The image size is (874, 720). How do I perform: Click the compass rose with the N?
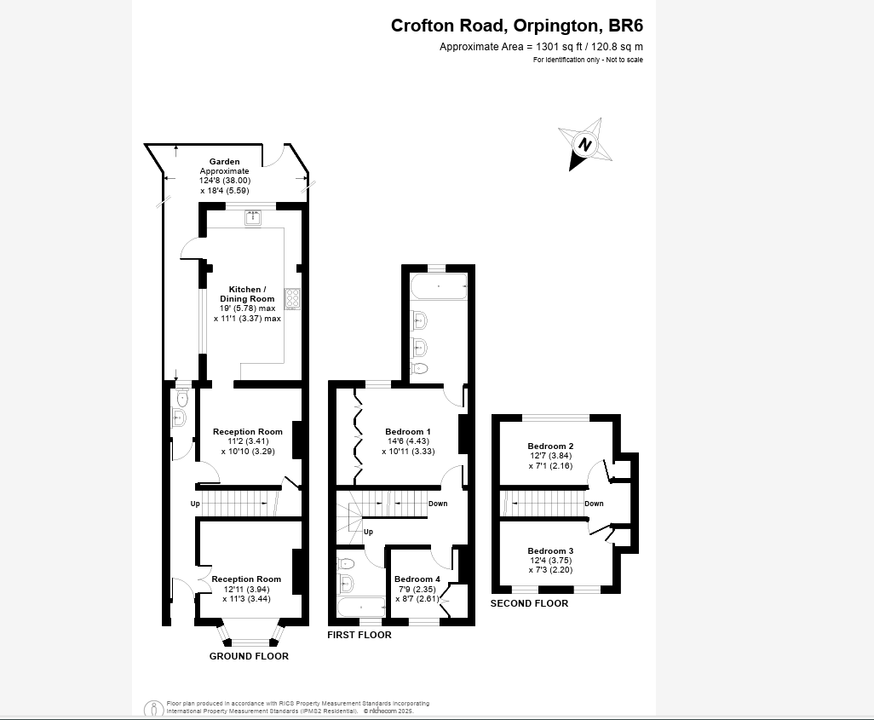click(x=584, y=144)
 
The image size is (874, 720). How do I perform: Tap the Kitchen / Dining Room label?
click(x=247, y=294)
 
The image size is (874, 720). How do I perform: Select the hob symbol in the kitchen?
click(x=292, y=298)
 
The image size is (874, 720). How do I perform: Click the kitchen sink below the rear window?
click(x=253, y=218)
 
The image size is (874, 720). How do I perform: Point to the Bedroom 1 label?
click(x=408, y=431)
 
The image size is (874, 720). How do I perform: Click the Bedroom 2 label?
click(x=550, y=446)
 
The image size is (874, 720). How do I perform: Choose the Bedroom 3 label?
click(x=550, y=550)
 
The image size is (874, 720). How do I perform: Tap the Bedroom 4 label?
click(x=417, y=579)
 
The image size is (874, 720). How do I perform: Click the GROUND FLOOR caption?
click(x=249, y=656)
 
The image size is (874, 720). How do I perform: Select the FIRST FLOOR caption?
click(x=359, y=635)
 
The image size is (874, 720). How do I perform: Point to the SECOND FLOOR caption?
click(x=529, y=603)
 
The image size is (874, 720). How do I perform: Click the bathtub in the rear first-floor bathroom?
click(x=439, y=287)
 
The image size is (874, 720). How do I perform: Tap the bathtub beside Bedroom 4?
click(x=360, y=608)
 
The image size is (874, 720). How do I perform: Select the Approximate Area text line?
click(x=541, y=47)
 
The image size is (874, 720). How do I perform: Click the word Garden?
click(x=225, y=161)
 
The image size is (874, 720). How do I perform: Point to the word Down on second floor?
click(x=594, y=504)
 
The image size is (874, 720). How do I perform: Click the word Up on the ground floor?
click(x=195, y=504)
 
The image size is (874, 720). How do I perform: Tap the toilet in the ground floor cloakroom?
click(x=181, y=398)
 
